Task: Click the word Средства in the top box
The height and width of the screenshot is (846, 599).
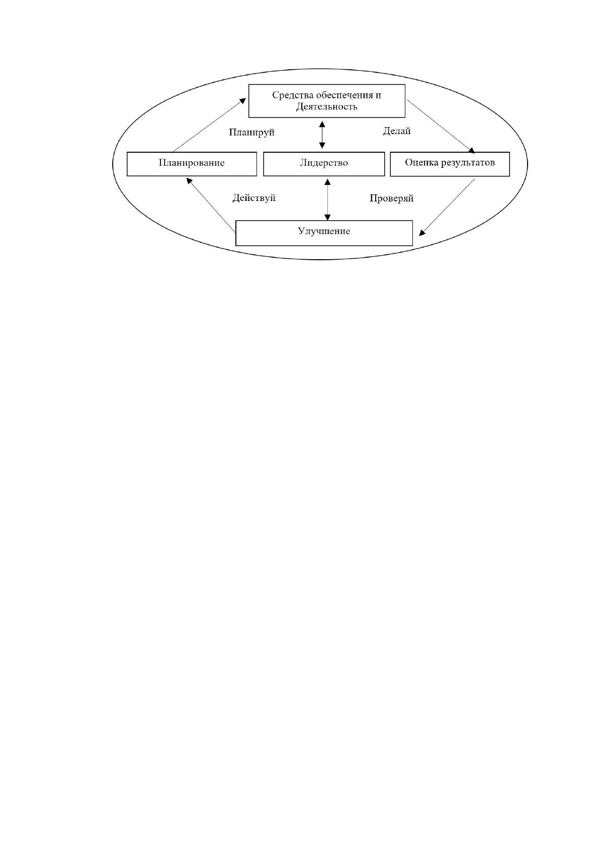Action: [293, 95]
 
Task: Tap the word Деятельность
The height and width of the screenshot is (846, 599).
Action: [327, 107]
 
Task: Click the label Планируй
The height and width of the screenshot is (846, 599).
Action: [252, 133]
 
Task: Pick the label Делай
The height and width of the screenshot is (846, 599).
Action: [397, 131]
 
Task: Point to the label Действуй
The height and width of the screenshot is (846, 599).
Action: [254, 198]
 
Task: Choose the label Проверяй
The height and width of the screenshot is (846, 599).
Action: [391, 198]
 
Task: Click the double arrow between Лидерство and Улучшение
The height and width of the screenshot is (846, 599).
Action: [327, 200]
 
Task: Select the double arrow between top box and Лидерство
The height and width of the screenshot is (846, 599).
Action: [322, 135]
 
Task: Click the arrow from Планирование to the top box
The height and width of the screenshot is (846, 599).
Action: [209, 125]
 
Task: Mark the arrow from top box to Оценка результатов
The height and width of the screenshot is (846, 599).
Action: [441, 127]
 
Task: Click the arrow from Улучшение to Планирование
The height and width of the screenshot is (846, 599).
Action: [211, 204]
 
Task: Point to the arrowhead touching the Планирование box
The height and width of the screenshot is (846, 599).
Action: [189, 181]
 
